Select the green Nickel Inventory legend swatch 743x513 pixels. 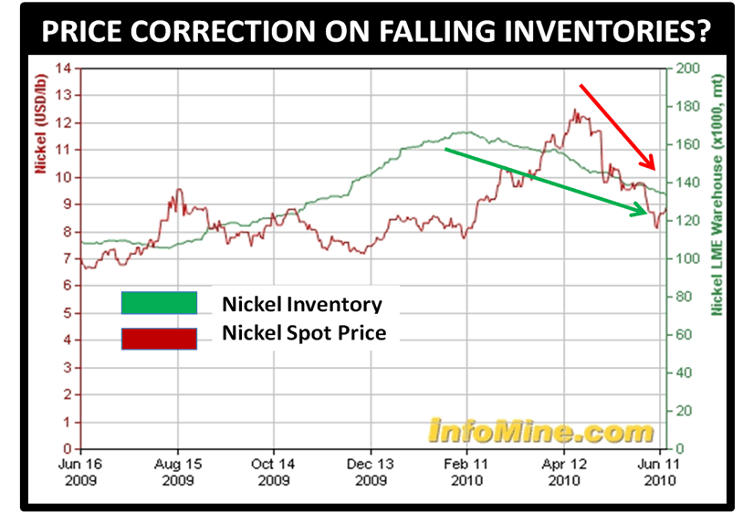pyautogui.click(x=159, y=303)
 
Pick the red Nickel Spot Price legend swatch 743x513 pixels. pyautogui.click(x=159, y=338)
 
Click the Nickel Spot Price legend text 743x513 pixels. pyautogui.click(x=304, y=333)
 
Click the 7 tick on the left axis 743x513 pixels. pyautogui.click(x=67, y=258)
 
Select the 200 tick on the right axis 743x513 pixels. pyautogui.click(x=684, y=68)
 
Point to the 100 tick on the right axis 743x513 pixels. pyautogui.click(x=684, y=258)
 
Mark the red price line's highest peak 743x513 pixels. pyautogui.click(x=574, y=110)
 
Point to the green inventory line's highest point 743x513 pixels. pyautogui.click(x=466, y=132)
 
